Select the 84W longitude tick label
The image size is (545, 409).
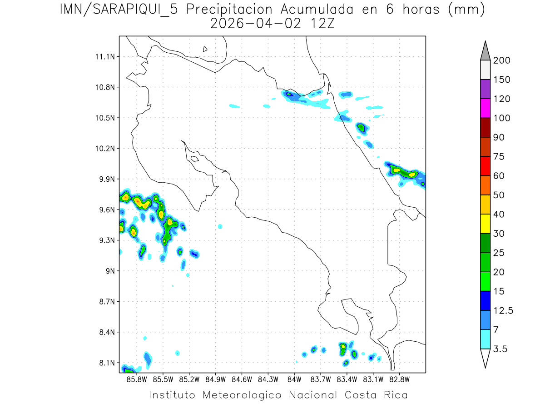coord(294,379)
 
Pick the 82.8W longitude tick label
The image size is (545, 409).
coord(399,379)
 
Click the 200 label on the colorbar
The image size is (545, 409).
coord(501,60)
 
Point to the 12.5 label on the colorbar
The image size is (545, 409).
coord(503,310)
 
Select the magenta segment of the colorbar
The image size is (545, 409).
coord(485,108)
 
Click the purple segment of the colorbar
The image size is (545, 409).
coord(485,89)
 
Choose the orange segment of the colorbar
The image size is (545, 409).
coord(485,185)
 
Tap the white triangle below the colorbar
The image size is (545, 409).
coord(485,358)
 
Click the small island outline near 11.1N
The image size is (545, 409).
coord(205,49)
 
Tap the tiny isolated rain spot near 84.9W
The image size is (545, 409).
coord(220,226)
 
